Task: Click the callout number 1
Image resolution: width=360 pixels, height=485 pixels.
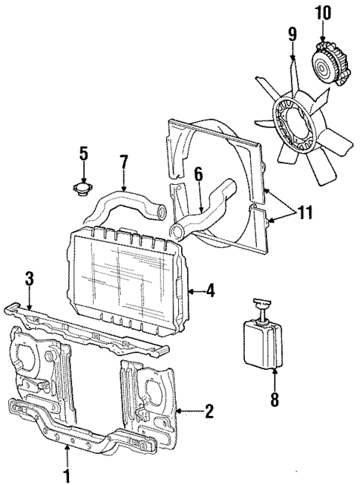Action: click(68, 475)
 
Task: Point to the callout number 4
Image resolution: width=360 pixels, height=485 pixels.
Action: click(211, 290)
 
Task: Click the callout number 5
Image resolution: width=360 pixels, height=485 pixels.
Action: click(83, 154)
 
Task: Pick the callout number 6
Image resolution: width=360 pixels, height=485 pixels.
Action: click(197, 175)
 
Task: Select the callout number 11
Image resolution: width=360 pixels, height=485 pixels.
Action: click(305, 212)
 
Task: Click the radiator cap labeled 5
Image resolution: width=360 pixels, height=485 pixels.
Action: click(84, 191)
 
